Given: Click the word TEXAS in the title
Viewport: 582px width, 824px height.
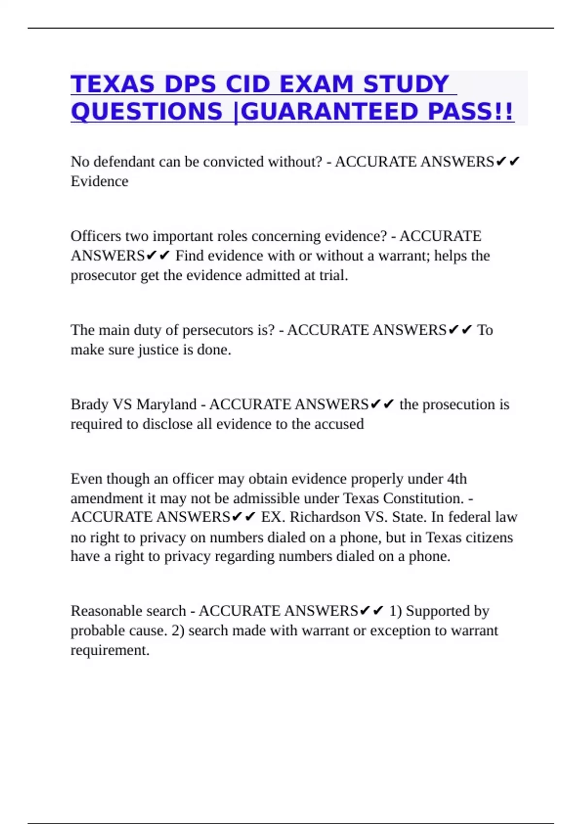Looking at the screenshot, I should pyautogui.click(x=113, y=84).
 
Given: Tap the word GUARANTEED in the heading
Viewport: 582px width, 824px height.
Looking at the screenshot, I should pyautogui.click(x=329, y=112).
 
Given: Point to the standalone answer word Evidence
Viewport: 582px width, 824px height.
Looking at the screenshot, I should pyautogui.click(x=99, y=181).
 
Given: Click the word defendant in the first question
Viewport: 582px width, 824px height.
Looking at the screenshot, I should pyautogui.click(x=124, y=161).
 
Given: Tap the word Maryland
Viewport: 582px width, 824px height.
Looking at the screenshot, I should pyautogui.click(x=166, y=404).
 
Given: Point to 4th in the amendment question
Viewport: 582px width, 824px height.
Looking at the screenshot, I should pyautogui.click(x=456, y=479).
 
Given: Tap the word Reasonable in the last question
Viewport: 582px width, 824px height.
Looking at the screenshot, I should pyautogui.click(x=104, y=611).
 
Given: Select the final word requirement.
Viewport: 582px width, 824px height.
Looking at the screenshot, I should pyautogui.click(x=110, y=650).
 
